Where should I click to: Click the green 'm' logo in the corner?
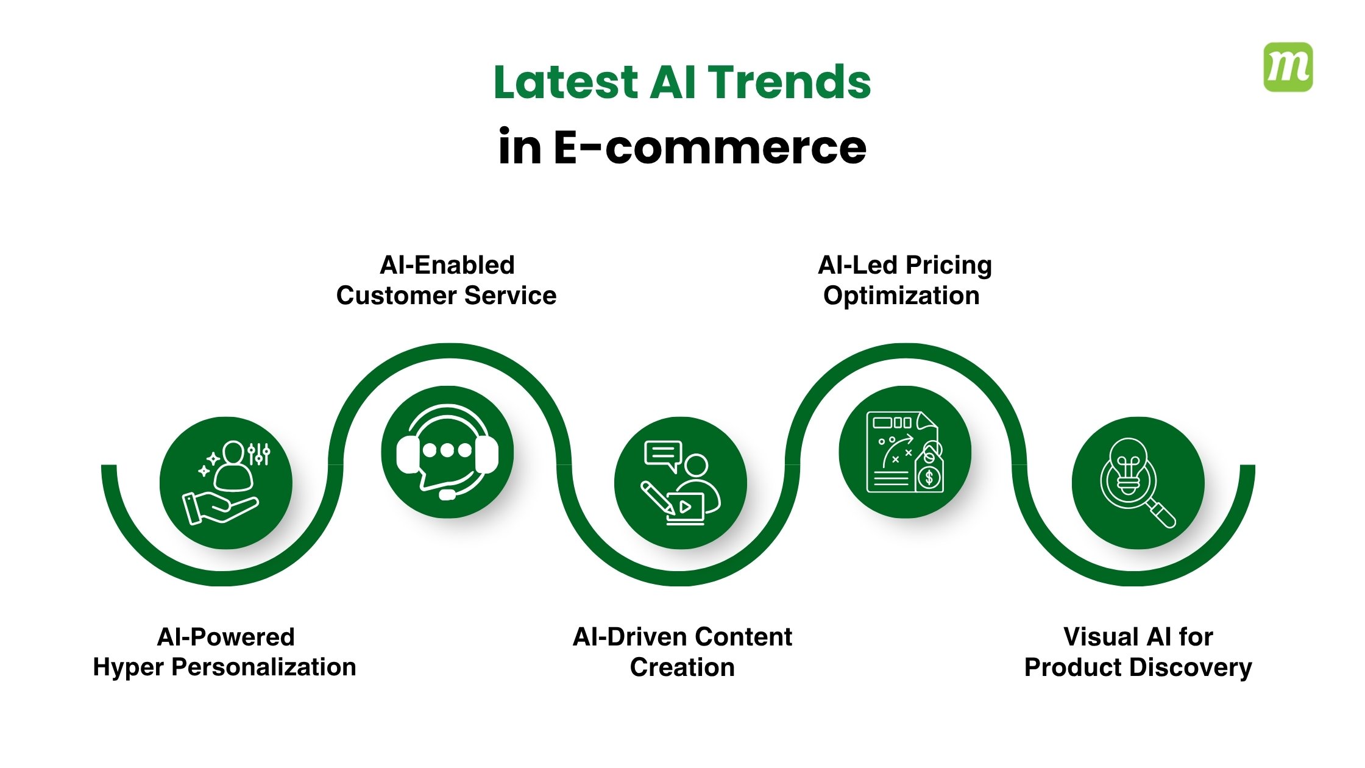click(x=1288, y=67)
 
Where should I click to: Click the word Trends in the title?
click(x=790, y=82)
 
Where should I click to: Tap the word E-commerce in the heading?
click(x=710, y=148)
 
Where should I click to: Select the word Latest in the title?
click(x=565, y=82)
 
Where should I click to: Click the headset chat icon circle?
click(x=447, y=452)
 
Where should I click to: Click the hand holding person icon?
click(x=225, y=483)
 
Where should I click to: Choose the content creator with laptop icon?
click(x=681, y=483)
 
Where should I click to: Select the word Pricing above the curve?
click(x=948, y=265)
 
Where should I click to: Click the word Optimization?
click(x=901, y=296)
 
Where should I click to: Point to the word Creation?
click(x=682, y=667)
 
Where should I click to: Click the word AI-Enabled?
click(x=447, y=265)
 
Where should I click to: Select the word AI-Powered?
click(x=225, y=637)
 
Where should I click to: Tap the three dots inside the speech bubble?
click(x=447, y=450)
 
